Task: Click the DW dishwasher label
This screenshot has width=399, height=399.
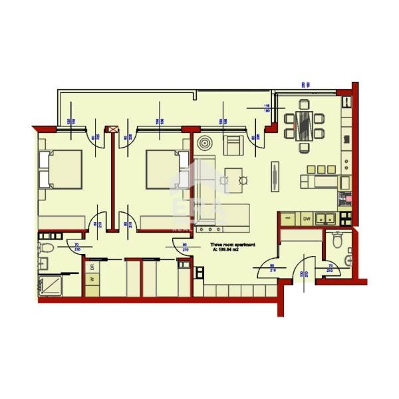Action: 307,218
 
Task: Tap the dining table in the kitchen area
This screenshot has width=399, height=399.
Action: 303,124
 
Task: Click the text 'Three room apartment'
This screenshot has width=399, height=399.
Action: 233,245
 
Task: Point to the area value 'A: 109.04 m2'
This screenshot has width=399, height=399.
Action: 232,251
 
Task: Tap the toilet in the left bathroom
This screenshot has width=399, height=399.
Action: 47,249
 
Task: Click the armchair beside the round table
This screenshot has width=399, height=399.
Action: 233,144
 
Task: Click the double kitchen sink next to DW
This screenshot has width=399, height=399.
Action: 327,217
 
